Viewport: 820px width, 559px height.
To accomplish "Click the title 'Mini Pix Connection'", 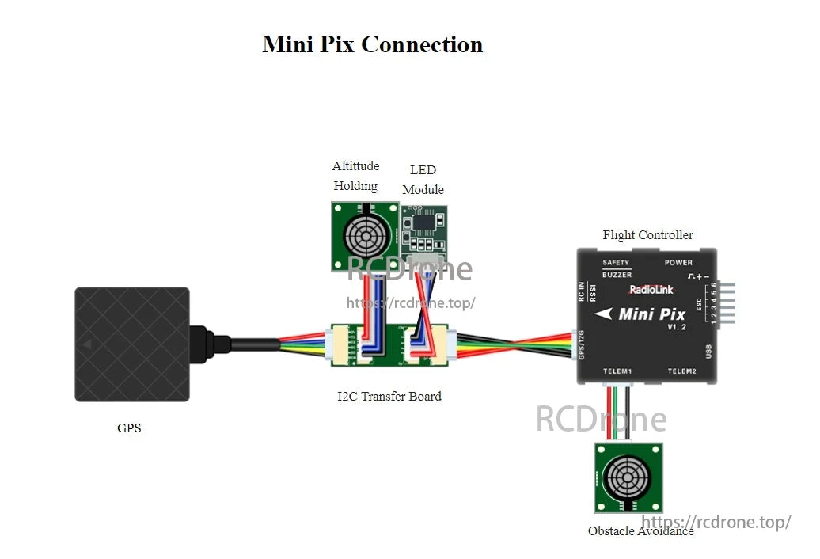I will [x=372, y=44].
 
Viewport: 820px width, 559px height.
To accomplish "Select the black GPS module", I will [x=131, y=344].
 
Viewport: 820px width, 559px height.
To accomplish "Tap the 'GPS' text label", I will [x=129, y=428].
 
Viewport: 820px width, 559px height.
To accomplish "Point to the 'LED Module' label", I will [x=423, y=180].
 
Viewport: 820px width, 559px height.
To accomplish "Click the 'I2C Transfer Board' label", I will [x=389, y=396].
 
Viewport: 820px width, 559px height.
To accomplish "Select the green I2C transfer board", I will [x=389, y=344].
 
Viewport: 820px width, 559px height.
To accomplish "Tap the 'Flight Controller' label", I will [x=647, y=234].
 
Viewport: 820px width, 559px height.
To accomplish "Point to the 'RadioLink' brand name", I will [x=652, y=290].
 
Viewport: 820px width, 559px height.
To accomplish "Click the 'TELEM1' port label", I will [x=617, y=371].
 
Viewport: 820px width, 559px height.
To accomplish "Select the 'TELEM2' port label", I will [x=681, y=371].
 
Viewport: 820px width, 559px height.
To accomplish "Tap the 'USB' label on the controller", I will [x=708, y=352].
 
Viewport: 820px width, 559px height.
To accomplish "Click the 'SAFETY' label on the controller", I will [x=616, y=263].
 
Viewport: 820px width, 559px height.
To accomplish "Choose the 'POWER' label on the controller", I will [x=678, y=263].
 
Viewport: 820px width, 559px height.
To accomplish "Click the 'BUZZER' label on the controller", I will [x=617, y=275].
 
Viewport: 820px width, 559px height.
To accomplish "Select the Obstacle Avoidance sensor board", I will [x=628, y=477].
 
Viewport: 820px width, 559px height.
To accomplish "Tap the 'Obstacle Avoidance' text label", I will [x=640, y=531].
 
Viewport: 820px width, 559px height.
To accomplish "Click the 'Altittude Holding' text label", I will [x=355, y=176].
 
